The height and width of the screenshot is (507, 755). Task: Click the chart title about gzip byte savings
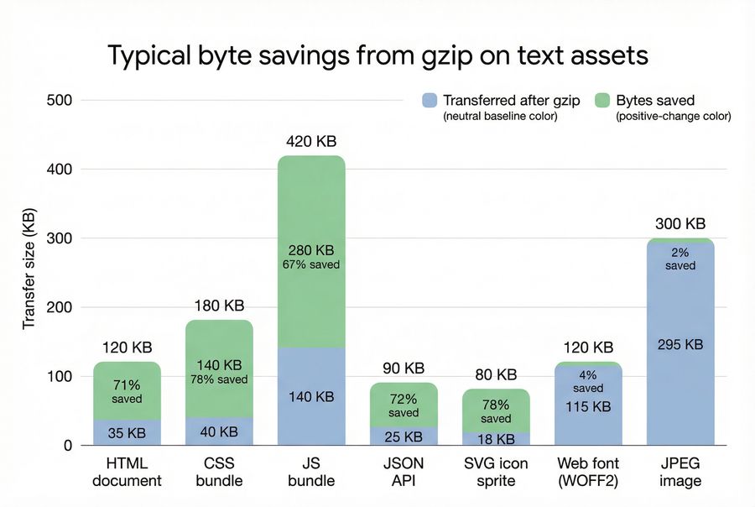coord(377,55)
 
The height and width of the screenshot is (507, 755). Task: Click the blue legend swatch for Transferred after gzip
coord(430,100)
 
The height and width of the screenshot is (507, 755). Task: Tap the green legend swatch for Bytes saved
coord(601,100)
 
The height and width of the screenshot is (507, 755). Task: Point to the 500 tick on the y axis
coord(61,101)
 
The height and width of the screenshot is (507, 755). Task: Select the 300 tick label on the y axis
coord(61,238)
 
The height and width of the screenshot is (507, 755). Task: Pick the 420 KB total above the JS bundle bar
coord(311,142)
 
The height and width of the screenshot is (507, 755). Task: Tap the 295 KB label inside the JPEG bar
coord(680,344)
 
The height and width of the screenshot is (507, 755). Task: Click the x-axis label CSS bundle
coord(219,472)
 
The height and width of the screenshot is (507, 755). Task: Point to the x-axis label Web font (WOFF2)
coord(588,472)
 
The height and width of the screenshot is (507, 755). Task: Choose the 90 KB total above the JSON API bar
coord(404,368)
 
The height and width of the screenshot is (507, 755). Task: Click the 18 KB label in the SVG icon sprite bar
coord(496,437)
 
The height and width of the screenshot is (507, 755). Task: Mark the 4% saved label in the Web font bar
coord(588,382)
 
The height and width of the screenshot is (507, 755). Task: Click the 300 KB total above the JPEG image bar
coord(680,224)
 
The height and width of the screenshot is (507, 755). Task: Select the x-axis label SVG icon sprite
coord(496,472)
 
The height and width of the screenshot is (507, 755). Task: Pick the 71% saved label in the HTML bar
coord(127,391)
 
